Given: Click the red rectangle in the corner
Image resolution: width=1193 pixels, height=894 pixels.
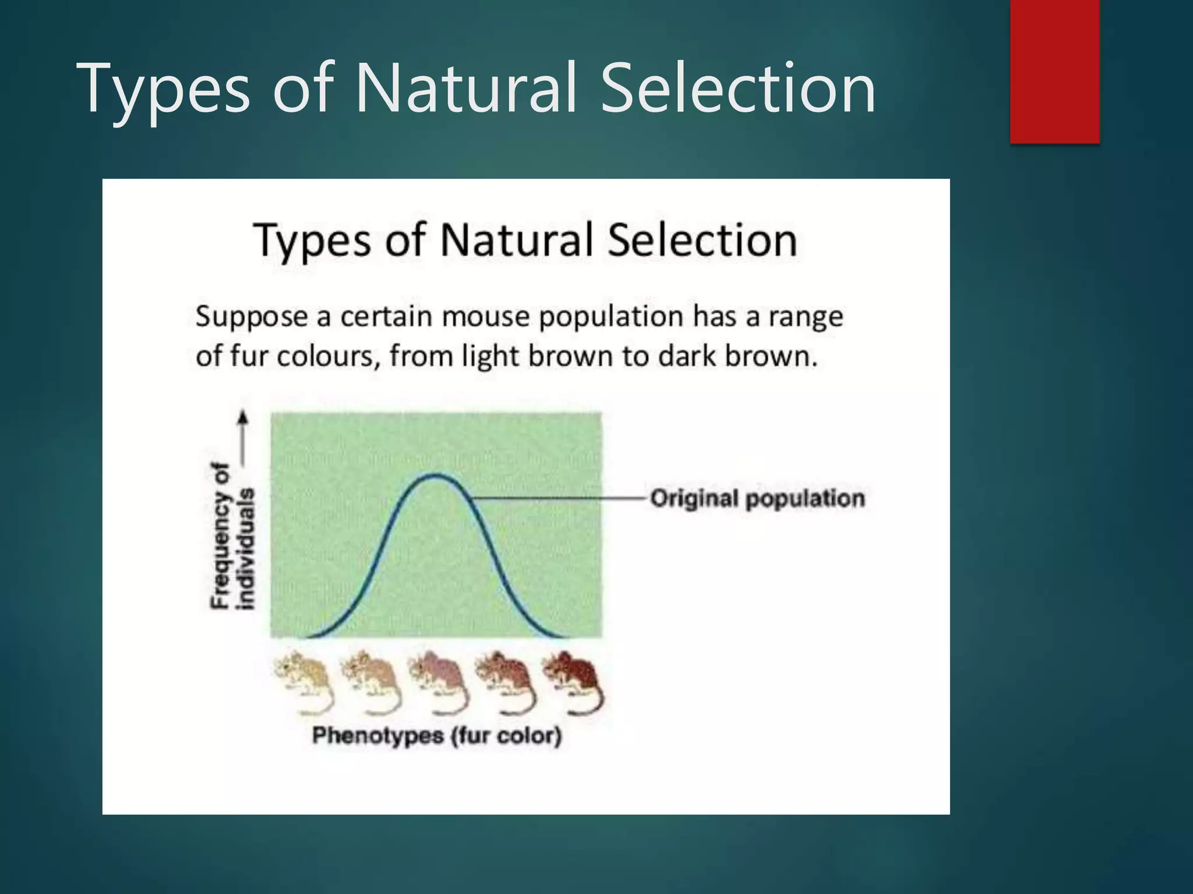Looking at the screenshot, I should [1054, 71].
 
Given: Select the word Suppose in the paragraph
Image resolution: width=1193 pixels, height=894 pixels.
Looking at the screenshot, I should [251, 318].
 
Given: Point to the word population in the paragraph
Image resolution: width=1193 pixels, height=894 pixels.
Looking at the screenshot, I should [610, 318].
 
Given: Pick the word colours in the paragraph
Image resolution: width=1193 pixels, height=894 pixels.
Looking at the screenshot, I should [328, 356].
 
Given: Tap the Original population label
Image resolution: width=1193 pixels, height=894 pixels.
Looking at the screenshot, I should [757, 499].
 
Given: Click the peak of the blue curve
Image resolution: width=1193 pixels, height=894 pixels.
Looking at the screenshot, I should [436, 476].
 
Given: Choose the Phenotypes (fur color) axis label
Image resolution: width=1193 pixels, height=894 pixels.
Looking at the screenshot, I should [437, 736].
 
